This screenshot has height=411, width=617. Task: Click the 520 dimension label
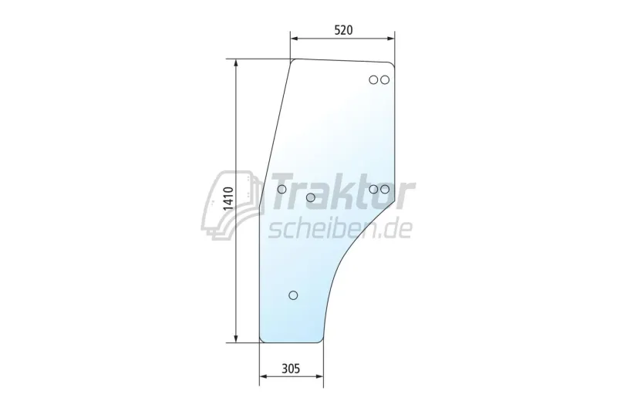tap(343, 30)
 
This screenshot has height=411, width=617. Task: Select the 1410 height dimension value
tap(228, 199)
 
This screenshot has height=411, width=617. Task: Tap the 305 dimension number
tap(291, 369)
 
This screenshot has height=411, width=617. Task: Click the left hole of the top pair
tap(373, 80)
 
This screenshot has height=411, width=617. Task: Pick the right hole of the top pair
tap(385, 80)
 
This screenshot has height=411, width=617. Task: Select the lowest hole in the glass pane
tap(293, 295)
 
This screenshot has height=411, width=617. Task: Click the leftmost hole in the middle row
tap(282, 189)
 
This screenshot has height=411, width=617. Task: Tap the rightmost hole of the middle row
tap(385, 189)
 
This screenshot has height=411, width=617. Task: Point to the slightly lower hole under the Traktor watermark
tap(311, 197)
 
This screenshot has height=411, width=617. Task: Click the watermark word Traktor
tap(342, 191)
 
